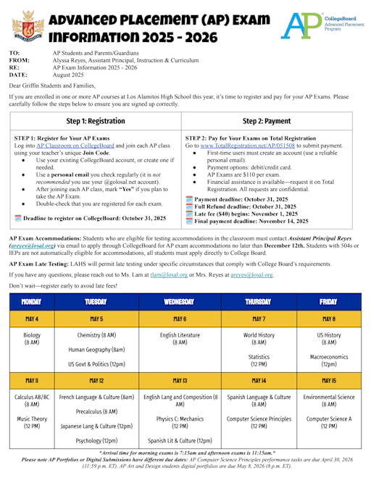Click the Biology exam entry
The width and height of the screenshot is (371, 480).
pos(31,340)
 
